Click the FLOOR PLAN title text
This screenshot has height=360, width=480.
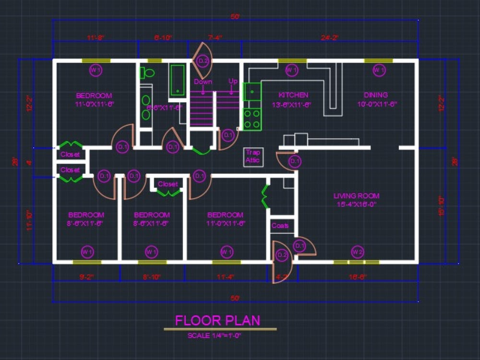[x=217, y=320]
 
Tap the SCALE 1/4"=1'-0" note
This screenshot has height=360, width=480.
[x=214, y=336]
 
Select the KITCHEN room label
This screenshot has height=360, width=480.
[x=293, y=95]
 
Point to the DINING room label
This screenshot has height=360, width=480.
[x=376, y=95]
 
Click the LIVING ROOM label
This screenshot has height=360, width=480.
[x=357, y=196]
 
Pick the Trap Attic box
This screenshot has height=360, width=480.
[x=252, y=156]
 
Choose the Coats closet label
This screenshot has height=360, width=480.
[x=280, y=226]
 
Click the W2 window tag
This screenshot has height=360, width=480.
[x=357, y=252]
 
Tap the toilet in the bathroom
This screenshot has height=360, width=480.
[x=146, y=73]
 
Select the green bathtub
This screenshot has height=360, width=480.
[x=178, y=79]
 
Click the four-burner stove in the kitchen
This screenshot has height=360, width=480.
[x=252, y=120]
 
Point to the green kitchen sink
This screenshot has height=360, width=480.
[x=252, y=91]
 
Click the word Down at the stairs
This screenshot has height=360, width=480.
[x=203, y=82]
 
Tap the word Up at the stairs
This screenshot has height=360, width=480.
[x=233, y=81]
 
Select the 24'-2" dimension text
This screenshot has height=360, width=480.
[x=330, y=37]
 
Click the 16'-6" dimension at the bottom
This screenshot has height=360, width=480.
[x=358, y=277]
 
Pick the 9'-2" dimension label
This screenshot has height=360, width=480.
[x=86, y=277]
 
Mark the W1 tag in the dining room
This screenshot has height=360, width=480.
[x=379, y=71]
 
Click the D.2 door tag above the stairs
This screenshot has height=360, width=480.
[x=203, y=61]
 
